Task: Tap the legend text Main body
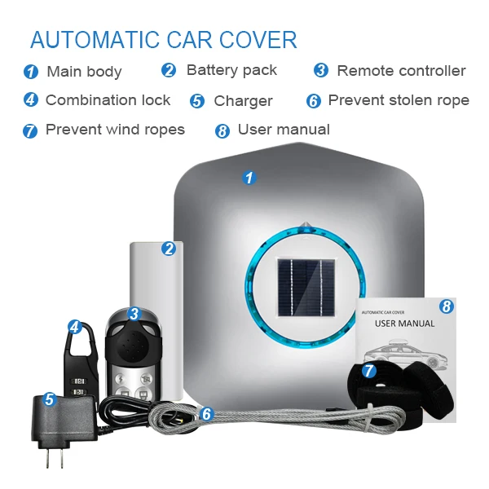tap(84, 72)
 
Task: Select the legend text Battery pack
tap(231, 70)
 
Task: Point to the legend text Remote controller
tap(401, 71)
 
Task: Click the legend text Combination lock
tap(108, 100)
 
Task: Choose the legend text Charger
tap(243, 101)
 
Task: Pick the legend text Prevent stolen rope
tap(399, 100)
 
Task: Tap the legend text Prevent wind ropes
tap(115, 130)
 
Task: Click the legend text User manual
tap(284, 130)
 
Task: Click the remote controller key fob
tap(132, 359)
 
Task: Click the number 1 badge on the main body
tap(249, 177)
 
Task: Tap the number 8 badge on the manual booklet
tap(446, 306)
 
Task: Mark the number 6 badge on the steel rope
tap(206, 414)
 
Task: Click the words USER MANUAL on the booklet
tap(404, 324)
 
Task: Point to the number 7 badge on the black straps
tap(368, 372)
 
